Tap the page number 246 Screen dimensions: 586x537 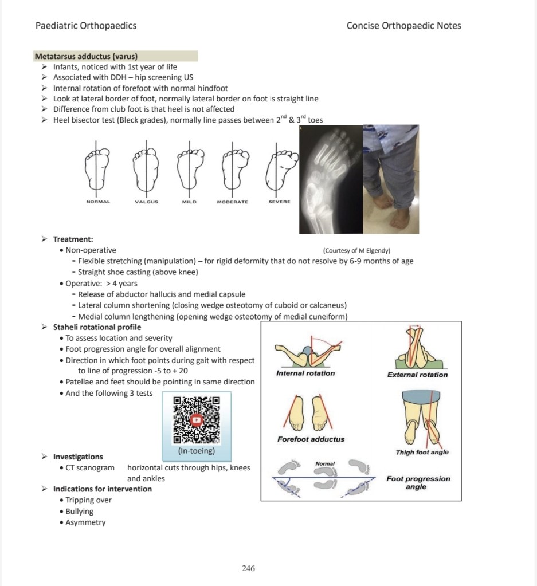(248, 568)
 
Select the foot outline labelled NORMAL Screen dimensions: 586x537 (98, 169)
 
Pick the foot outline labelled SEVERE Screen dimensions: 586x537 (279, 169)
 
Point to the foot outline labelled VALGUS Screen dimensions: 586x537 (146, 169)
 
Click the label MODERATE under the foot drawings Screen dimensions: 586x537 (232, 202)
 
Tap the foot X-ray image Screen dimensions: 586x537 (331, 179)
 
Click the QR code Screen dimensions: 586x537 (197, 420)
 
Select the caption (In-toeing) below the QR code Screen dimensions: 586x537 (197, 451)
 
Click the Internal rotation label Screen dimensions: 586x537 (305, 373)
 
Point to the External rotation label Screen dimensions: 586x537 (417, 375)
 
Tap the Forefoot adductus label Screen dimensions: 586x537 (311, 439)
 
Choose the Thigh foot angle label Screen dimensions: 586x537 (422, 452)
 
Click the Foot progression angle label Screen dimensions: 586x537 (418, 482)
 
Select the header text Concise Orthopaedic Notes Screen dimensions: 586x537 (403, 26)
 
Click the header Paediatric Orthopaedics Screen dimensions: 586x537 (86, 26)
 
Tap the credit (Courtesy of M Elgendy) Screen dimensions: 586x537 (356, 250)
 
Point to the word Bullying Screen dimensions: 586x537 (79, 511)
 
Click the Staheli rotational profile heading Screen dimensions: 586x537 (97, 327)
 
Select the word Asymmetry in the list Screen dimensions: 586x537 (85, 522)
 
